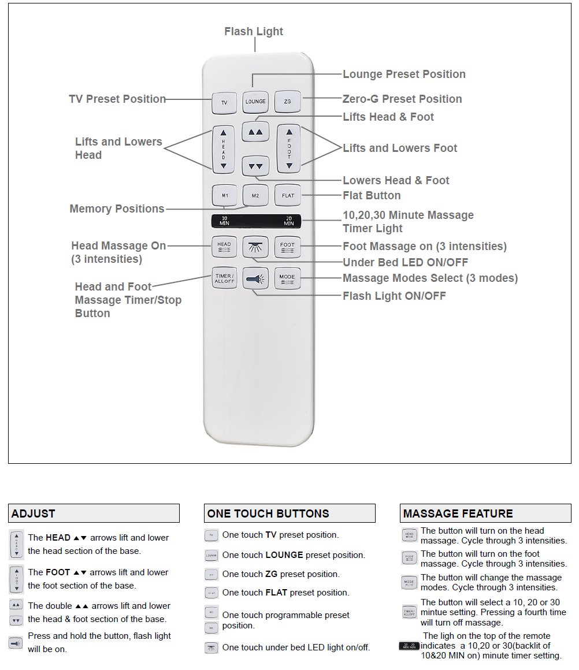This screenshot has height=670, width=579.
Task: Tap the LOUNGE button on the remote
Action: click(255, 101)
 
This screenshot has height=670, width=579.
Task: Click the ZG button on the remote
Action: click(287, 102)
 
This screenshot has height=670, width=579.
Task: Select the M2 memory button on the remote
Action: click(255, 195)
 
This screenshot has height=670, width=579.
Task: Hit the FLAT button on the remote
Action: click(288, 195)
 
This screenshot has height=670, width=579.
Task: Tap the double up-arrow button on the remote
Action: click(255, 132)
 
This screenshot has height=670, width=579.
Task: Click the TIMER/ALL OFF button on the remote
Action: click(224, 278)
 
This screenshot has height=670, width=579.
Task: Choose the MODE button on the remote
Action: click(287, 278)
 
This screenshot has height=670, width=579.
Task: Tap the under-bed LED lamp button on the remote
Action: click(255, 247)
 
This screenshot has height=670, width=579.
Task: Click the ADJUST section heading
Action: click(34, 513)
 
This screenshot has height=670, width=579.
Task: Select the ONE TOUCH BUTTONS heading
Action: click(268, 513)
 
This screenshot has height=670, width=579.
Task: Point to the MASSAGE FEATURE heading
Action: click(458, 513)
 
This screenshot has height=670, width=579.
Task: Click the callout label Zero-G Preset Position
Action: click(402, 99)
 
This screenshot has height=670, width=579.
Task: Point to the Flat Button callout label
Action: click(372, 195)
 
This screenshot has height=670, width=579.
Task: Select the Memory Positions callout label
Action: click(117, 209)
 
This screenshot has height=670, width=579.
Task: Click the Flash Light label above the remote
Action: click(254, 31)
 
